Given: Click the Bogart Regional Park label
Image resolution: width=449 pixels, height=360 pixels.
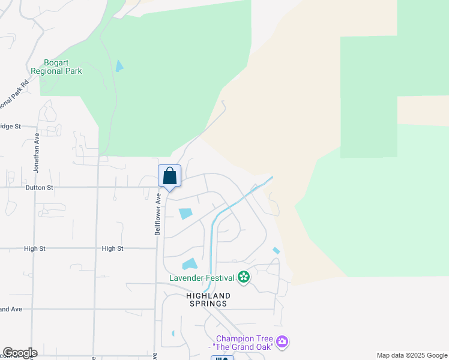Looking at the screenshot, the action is point(63,67).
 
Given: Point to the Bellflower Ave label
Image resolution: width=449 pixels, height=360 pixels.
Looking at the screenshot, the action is point(158,214).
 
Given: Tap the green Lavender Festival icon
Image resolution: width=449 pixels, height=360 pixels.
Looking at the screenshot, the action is point(244,277).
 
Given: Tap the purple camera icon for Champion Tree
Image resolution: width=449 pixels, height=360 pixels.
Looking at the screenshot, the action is point(282,342).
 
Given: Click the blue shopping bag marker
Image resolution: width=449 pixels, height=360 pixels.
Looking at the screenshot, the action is point(170,176).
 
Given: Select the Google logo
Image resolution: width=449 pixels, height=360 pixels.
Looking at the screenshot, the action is point(20,353).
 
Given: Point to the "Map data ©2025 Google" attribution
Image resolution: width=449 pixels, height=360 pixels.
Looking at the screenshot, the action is point(411,355).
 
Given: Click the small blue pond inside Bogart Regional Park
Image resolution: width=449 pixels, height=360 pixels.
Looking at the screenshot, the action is point(119,66).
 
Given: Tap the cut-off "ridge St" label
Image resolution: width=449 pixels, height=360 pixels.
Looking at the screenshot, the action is point(10,127).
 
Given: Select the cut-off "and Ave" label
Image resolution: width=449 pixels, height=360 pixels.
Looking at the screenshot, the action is point(11,309).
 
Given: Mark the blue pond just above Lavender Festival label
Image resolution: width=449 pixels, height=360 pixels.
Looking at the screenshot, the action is point(190,263).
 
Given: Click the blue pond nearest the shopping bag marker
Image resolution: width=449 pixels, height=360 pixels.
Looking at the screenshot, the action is point(185,213).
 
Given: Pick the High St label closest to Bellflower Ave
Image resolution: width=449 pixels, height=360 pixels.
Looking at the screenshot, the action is point(112,248).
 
